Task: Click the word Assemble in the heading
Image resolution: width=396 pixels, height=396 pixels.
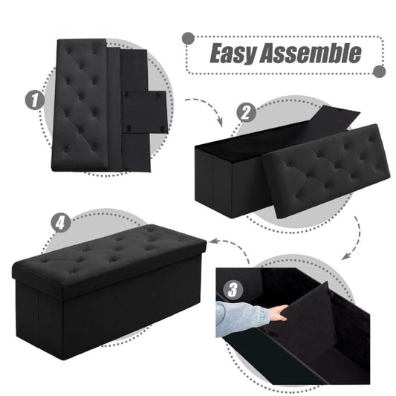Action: pyautogui.click(x=311, y=53)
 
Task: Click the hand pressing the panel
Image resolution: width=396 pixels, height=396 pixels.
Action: pyautogui.click(x=277, y=313)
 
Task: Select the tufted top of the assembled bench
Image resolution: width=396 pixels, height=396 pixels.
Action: pyautogui.click(x=111, y=257)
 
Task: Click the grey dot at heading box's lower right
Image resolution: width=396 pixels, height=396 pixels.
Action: pyautogui.click(x=379, y=71)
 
